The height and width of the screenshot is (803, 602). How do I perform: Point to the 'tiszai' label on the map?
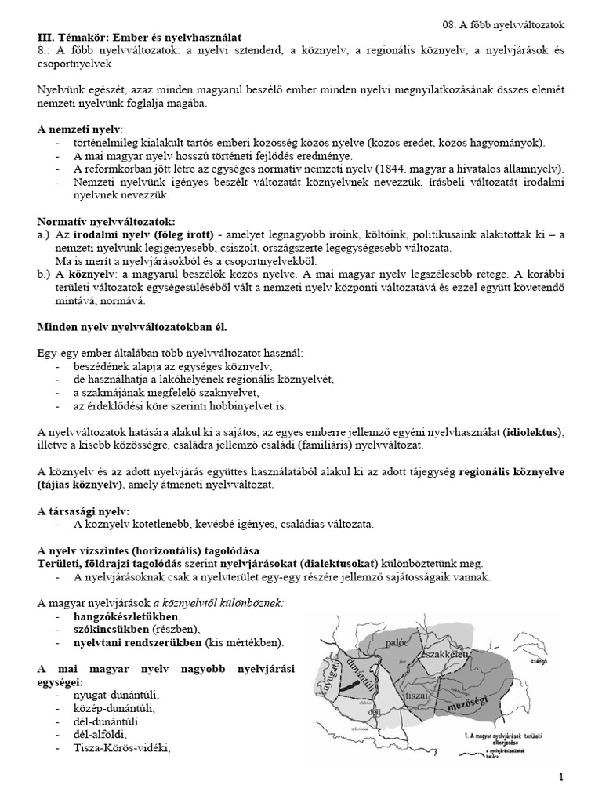416,695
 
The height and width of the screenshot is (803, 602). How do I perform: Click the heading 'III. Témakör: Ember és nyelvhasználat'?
140,37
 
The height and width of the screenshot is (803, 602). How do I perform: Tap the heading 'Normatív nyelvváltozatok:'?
107,222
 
